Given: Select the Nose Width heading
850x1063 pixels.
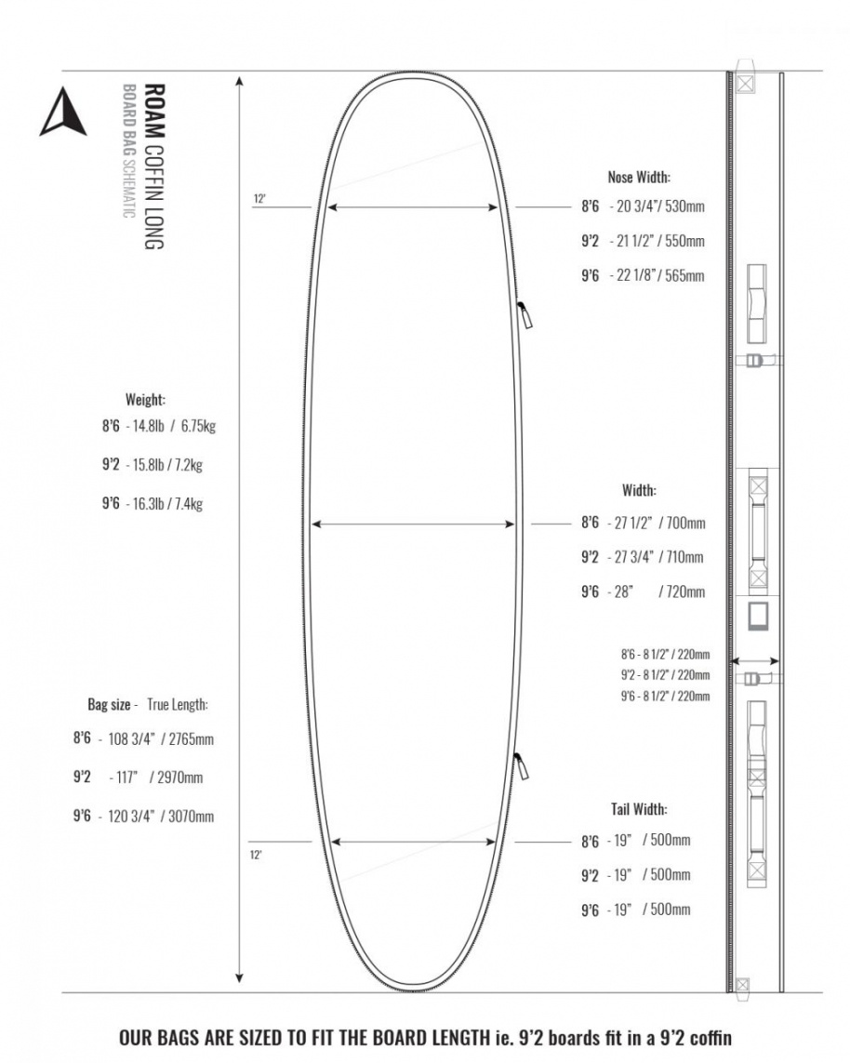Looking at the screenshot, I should pyautogui.click(x=639, y=177).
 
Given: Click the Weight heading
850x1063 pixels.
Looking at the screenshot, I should pyautogui.click(x=145, y=399).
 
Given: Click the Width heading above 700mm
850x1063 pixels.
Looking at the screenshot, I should pyautogui.click(x=639, y=489).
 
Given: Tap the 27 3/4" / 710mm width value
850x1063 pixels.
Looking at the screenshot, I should pyautogui.click(x=656, y=557).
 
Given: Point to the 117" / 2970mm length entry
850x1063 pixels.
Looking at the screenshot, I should pyautogui.click(x=167, y=777).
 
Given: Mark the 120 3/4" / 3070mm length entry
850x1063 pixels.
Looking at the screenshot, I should pyautogui.click(x=167, y=817).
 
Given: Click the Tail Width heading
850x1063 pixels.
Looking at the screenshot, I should pyautogui.click(x=639, y=808).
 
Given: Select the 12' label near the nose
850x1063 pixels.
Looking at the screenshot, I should pyautogui.click(x=260, y=198).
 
